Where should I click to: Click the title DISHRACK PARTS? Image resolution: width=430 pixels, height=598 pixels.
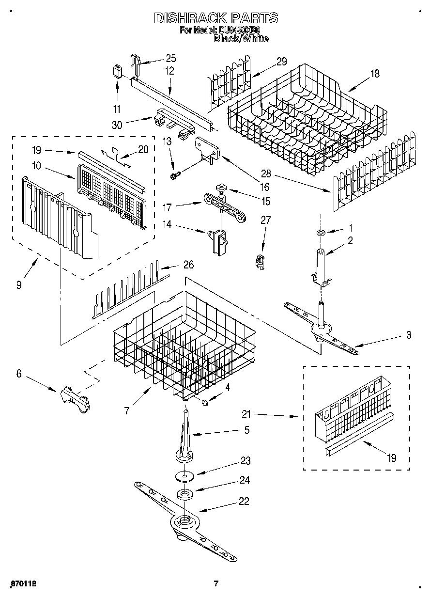point(216,18)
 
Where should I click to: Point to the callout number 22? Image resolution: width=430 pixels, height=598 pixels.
point(244,502)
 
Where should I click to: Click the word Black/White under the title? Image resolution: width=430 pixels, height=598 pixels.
point(241,39)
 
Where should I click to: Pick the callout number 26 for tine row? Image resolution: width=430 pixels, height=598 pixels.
point(188,265)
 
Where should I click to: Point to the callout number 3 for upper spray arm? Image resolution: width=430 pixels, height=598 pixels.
point(409,335)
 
